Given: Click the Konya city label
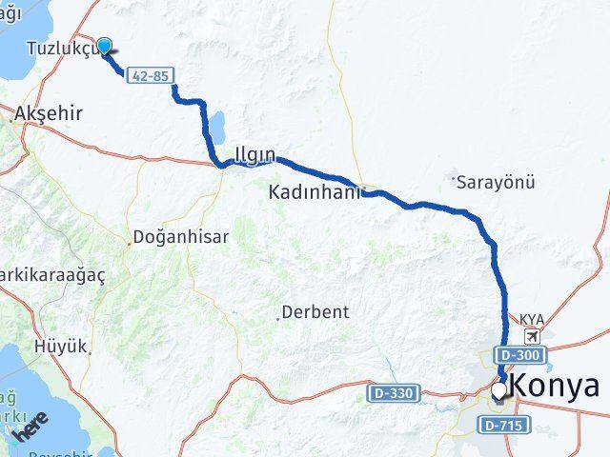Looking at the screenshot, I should point(557,386).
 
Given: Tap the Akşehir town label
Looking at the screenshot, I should point(48,113).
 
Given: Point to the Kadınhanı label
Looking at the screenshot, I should point(315,192).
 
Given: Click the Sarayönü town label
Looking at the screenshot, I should point(496,181).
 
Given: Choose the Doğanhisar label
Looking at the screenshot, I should point(181,237).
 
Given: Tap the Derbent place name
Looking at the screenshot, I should point(315,311).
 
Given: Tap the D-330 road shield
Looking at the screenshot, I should point(389,391).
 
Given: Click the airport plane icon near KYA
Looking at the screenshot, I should point(531,336).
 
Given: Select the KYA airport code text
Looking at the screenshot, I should point(530,320).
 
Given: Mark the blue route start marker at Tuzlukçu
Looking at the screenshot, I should point(104,44).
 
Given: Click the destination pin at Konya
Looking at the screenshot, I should point(498,390).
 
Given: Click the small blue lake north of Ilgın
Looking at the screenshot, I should point(217,125).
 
